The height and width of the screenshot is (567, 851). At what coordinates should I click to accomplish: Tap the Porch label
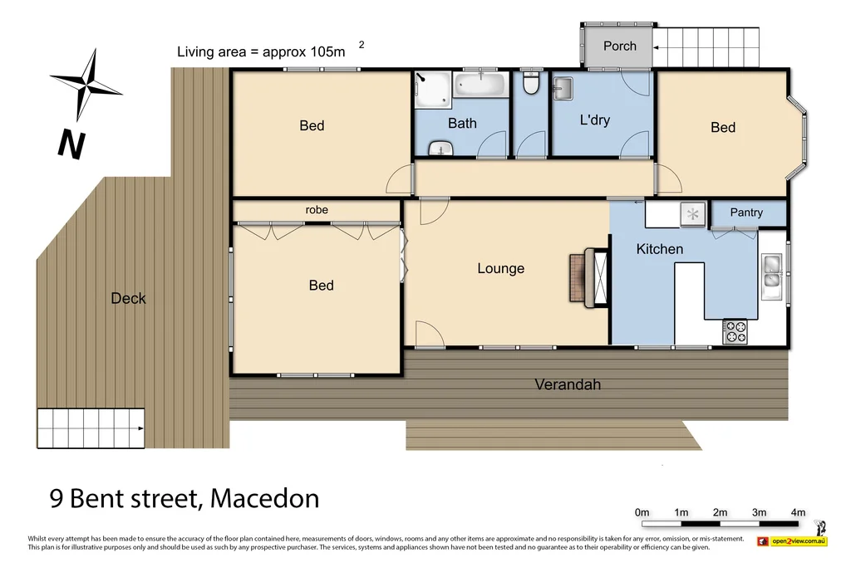(619, 46)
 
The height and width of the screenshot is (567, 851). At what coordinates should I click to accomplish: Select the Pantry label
(745, 213)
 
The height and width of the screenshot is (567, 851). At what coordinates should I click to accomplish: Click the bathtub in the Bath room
(480, 85)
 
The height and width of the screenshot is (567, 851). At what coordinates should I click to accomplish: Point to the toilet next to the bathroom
(531, 85)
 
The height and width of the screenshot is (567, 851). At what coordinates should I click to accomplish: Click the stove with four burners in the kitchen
(735, 331)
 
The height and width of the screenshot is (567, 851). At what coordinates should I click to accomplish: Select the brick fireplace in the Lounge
(578, 278)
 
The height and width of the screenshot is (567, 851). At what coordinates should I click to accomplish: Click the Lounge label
(500, 268)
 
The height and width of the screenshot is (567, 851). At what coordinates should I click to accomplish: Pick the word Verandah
(567, 384)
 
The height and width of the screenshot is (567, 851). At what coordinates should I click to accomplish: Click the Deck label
(128, 298)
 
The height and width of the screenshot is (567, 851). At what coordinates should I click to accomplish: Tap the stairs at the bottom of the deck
(91, 428)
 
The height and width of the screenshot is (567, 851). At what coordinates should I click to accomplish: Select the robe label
(317, 210)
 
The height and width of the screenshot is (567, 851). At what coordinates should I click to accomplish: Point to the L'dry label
(594, 120)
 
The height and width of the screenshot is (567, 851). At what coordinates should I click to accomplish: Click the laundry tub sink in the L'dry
(563, 87)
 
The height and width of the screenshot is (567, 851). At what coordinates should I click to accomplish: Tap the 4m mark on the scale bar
(798, 513)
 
